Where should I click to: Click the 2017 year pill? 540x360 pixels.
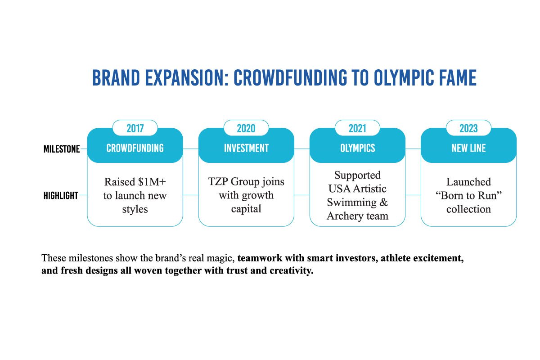pyautogui.click(x=135, y=128)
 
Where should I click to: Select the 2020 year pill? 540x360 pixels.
pyautogui.click(x=246, y=128)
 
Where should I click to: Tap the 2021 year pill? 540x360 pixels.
pyautogui.click(x=357, y=128)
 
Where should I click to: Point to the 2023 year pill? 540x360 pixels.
pyautogui.click(x=468, y=128)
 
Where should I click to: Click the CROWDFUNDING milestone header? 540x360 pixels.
pyautogui.click(x=135, y=148)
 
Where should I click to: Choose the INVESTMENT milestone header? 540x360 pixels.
pyautogui.click(x=246, y=148)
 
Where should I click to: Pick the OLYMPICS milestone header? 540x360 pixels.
pyautogui.click(x=357, y=148)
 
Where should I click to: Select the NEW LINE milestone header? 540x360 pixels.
pyautogui.click(x=468, y=148)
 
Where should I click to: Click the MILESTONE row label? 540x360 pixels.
pyautogui.click(x=62, y=149)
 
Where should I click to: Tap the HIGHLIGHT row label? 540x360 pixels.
pyautogui.click(x=61, y=196)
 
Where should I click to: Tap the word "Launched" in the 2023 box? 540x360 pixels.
pyautogui.click(x=468, y=182)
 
